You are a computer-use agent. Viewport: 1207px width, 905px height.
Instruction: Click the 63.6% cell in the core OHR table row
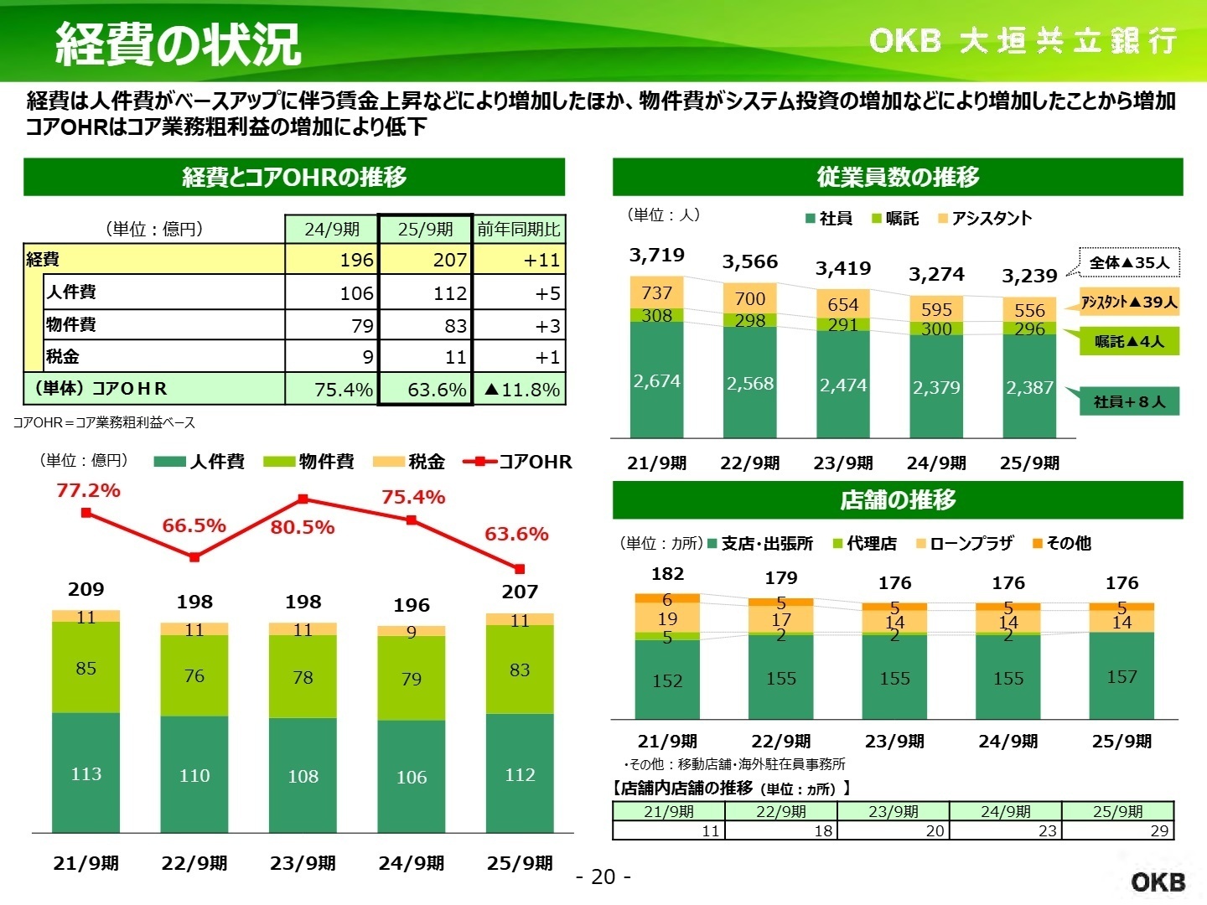pos(427,390)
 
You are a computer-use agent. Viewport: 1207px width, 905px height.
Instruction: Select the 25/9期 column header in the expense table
pos(426,229)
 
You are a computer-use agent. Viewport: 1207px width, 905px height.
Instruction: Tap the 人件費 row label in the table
pos(71,292)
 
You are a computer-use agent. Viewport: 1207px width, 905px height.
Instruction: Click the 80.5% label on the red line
pos(302,527)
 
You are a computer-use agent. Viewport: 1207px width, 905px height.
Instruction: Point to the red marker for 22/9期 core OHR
pos(194,557)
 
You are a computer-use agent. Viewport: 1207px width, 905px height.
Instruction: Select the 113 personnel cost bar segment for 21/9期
pos(85,773)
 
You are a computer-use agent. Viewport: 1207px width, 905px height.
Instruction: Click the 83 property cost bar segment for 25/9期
pos(520,670)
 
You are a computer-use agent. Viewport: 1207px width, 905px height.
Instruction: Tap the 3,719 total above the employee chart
pos(656,255)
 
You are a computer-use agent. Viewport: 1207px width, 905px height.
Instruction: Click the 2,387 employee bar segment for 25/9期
pos(1029,387)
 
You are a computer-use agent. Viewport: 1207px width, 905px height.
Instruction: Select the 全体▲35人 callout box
pos(1128,263)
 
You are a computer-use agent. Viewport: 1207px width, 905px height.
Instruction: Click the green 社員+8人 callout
pos(1129,401)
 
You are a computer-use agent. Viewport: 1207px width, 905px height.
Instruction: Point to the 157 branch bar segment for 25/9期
pos(1122,676)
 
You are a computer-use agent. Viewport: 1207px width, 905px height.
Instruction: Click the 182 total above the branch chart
pos(667,574)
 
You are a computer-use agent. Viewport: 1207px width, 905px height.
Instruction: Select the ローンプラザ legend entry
pos(965,544)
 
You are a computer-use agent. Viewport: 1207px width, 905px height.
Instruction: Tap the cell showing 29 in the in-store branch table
pos(1118,830)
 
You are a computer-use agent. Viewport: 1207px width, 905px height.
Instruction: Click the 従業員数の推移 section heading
pos(897,177)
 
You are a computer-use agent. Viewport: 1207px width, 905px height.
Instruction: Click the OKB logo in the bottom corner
pos(1158,881)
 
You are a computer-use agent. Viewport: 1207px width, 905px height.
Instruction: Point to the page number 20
pos(603,877)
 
